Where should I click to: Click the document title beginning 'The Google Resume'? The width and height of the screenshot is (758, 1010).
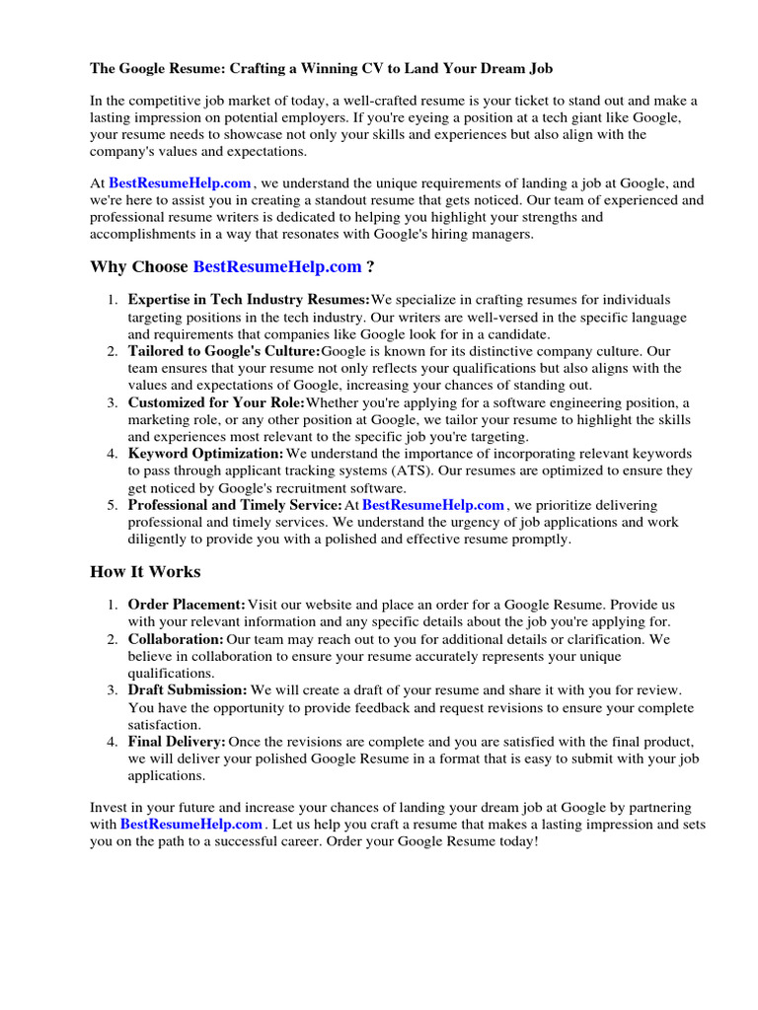pos(322,68)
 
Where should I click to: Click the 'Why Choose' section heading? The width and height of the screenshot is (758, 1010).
pos(139,266)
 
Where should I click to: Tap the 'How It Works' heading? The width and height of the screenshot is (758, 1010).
pos(145,571)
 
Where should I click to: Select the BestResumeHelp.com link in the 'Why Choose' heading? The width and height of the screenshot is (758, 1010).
pos(277,266)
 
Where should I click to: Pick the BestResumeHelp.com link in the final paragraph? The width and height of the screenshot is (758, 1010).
pos(191,824)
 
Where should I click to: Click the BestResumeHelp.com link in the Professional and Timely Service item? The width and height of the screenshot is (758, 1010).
pos(433,505)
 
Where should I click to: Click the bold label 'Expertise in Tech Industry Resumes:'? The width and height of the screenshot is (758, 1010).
pos(248,300)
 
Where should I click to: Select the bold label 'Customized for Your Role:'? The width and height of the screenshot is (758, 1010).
pos(216,402)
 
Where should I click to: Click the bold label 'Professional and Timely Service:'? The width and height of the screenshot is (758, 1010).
pos(234,505)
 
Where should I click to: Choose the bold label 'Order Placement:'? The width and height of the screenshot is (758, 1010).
pos(187,604)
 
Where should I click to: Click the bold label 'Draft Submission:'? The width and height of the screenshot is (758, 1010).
pos(188,690)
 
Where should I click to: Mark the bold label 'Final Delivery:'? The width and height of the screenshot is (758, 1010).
pos(177,742)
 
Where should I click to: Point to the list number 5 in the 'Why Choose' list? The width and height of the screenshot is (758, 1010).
pos(114,505)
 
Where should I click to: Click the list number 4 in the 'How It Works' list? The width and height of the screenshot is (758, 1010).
pos(114,742)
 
